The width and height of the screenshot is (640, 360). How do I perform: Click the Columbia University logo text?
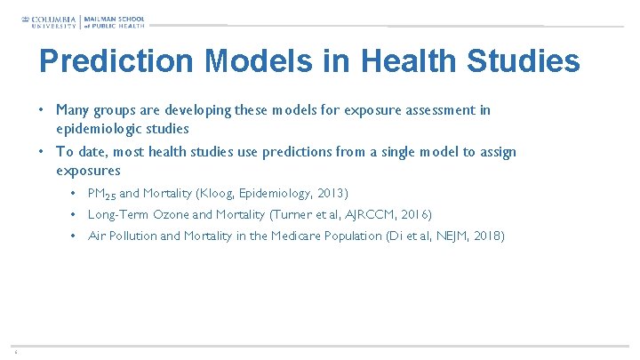point(52,21)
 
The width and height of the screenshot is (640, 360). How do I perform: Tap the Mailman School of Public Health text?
point(114,21)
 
